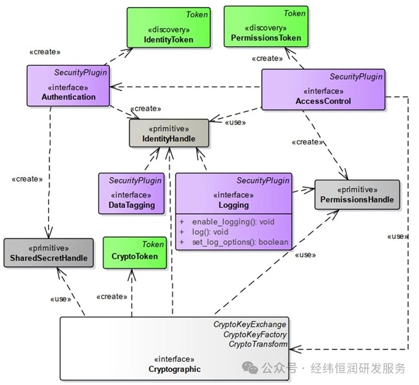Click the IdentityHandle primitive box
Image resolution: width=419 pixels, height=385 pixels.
click(x=169, y=133)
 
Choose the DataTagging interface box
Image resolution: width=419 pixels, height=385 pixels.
click(x=132, y=193)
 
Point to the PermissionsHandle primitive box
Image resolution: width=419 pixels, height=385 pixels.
click(x=357, y=195)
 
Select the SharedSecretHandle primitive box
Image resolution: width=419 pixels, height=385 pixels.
click(x=48, y=253)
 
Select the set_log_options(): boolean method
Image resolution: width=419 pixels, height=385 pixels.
click(x=239, y=242)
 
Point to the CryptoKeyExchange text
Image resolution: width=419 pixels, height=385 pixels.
click(x=250, y=325)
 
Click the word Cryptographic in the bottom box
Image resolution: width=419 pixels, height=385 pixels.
click(x=174, y=369)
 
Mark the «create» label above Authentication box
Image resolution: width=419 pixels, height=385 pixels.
click(x=45, y=51)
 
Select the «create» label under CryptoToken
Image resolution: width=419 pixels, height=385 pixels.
click(x=111, y=296)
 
